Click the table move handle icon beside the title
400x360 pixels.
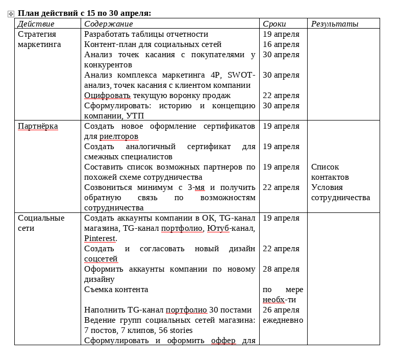(x=11, y=14)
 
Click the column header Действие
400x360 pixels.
(x=36, y=24)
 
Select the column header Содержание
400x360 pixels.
(x=108, y=24)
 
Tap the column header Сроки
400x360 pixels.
(x=274, y=24)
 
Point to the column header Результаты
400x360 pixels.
(x=335, y=24)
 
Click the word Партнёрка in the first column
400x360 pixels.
(x=38, y=126)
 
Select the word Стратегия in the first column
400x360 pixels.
(x=37, y=34)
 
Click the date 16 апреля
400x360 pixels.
(x=281, y=44)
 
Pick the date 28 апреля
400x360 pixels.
(x=281, y=269)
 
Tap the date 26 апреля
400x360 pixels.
(x=281, y=310)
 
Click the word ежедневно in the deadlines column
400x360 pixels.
(x=283, y=320)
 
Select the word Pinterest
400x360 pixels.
(x=101, y=238)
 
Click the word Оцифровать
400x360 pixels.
(x=107, y=95)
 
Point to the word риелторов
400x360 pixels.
(x=119, y=136)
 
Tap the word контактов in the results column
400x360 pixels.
(x=330, y=177)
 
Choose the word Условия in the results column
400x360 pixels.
(x=327, y=187)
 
